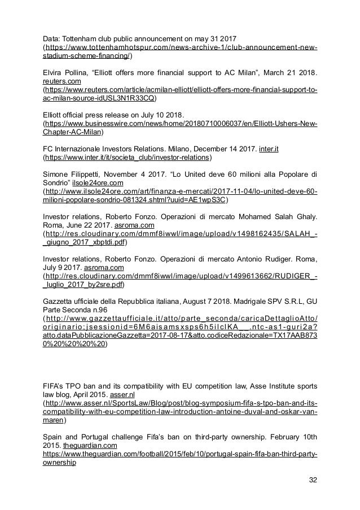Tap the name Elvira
[x=54, y=72]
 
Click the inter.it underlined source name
[x=270, y=149]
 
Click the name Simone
[x=57, y=174]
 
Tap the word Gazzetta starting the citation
[x=59, y=301]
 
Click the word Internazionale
[x=81, y=149]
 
